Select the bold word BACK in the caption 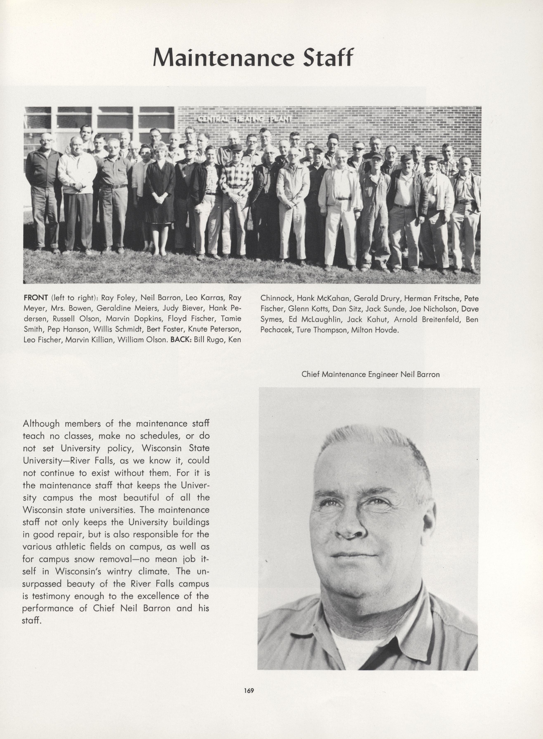[x=181, y=340]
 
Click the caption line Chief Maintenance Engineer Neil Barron [x=370, y=374]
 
